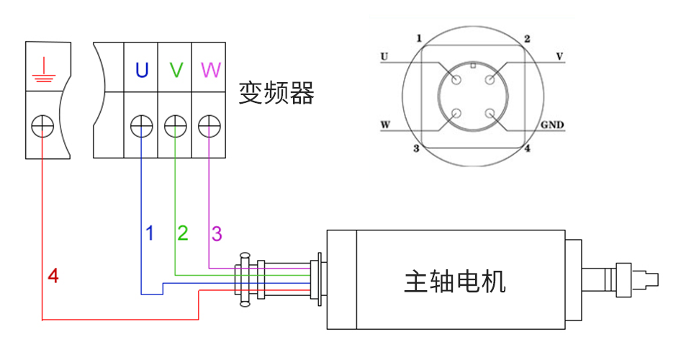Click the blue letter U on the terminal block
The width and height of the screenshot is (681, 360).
(x=142, y=70)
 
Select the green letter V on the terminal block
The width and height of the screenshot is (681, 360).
(x=176, y=70)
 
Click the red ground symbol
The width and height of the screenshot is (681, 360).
(x=42, y=72)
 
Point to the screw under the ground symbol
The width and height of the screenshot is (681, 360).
(x=42, y=127)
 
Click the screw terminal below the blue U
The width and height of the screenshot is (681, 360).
(x=142, y=127)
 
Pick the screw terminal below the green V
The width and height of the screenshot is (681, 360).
(x=176, y=127)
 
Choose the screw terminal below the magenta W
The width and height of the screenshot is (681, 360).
(x=209, y=127)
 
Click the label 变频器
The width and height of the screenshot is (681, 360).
(x=276, y=93)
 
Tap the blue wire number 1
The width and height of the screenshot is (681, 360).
(x=150, y=233)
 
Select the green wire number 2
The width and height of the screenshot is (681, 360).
(x=183, y=233)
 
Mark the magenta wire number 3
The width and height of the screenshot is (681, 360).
(x=216, y=233)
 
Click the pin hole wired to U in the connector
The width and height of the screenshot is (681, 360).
(x=456, y=79)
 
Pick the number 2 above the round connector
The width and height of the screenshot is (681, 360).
(x=527, y=39)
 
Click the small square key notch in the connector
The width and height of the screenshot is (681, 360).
(x=472, y=66)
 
